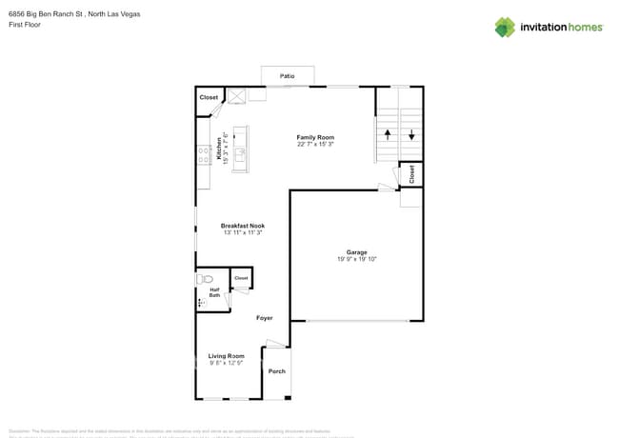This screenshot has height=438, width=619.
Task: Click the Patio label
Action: point(287,75)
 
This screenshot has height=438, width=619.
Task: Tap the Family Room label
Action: point(315,137)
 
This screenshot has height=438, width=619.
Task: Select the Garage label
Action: point(357,252)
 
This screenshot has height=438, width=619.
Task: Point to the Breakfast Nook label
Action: point(243,226)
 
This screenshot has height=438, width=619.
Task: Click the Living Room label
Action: point(227,356)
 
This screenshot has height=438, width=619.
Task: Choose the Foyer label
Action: point(264,318)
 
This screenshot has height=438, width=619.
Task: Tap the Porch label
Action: point(276,371)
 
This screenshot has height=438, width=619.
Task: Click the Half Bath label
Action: point(215,294)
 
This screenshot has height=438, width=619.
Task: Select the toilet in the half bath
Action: point(204,280)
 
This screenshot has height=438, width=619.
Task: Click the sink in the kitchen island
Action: point(240,150)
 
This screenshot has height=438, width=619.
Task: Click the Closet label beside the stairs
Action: point(411,174)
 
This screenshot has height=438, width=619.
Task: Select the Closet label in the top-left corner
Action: point(209,97)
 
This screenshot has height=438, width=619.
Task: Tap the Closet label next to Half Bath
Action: point(241,278)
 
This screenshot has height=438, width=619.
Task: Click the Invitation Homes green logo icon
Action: point(505,27)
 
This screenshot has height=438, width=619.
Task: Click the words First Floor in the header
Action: point(26,25)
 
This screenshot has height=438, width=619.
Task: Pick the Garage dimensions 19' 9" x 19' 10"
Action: point(357,259)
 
